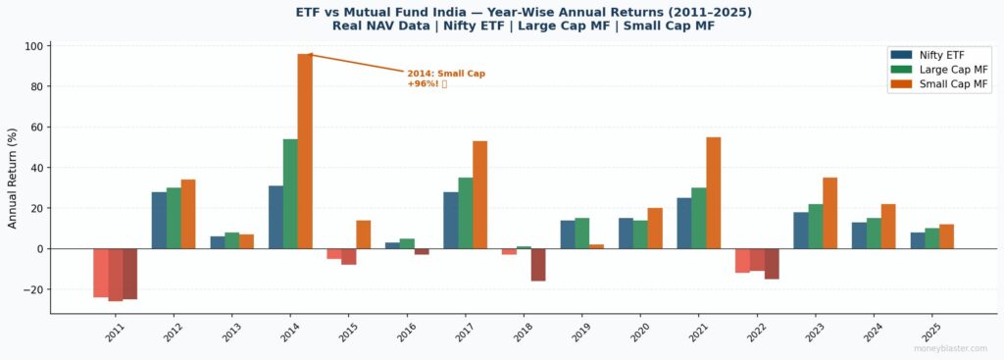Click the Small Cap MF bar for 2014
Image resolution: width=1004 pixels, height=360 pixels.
pos(305,151)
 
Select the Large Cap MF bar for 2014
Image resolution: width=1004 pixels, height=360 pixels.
pos(290,193)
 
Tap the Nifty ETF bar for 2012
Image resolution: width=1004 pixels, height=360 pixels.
pos(159,220)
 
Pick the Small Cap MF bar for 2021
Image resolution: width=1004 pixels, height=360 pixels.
pos(714,192)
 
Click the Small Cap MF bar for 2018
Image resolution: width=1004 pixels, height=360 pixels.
pos(537,265)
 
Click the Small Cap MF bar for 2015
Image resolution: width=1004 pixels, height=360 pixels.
pos(364,234)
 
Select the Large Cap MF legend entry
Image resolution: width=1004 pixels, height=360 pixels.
pos(935,70)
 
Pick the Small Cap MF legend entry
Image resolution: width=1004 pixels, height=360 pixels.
pos(935,84)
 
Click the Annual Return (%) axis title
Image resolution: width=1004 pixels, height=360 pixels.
pos(13,178)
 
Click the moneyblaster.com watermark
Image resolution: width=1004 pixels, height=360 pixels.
pos(950,348)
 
